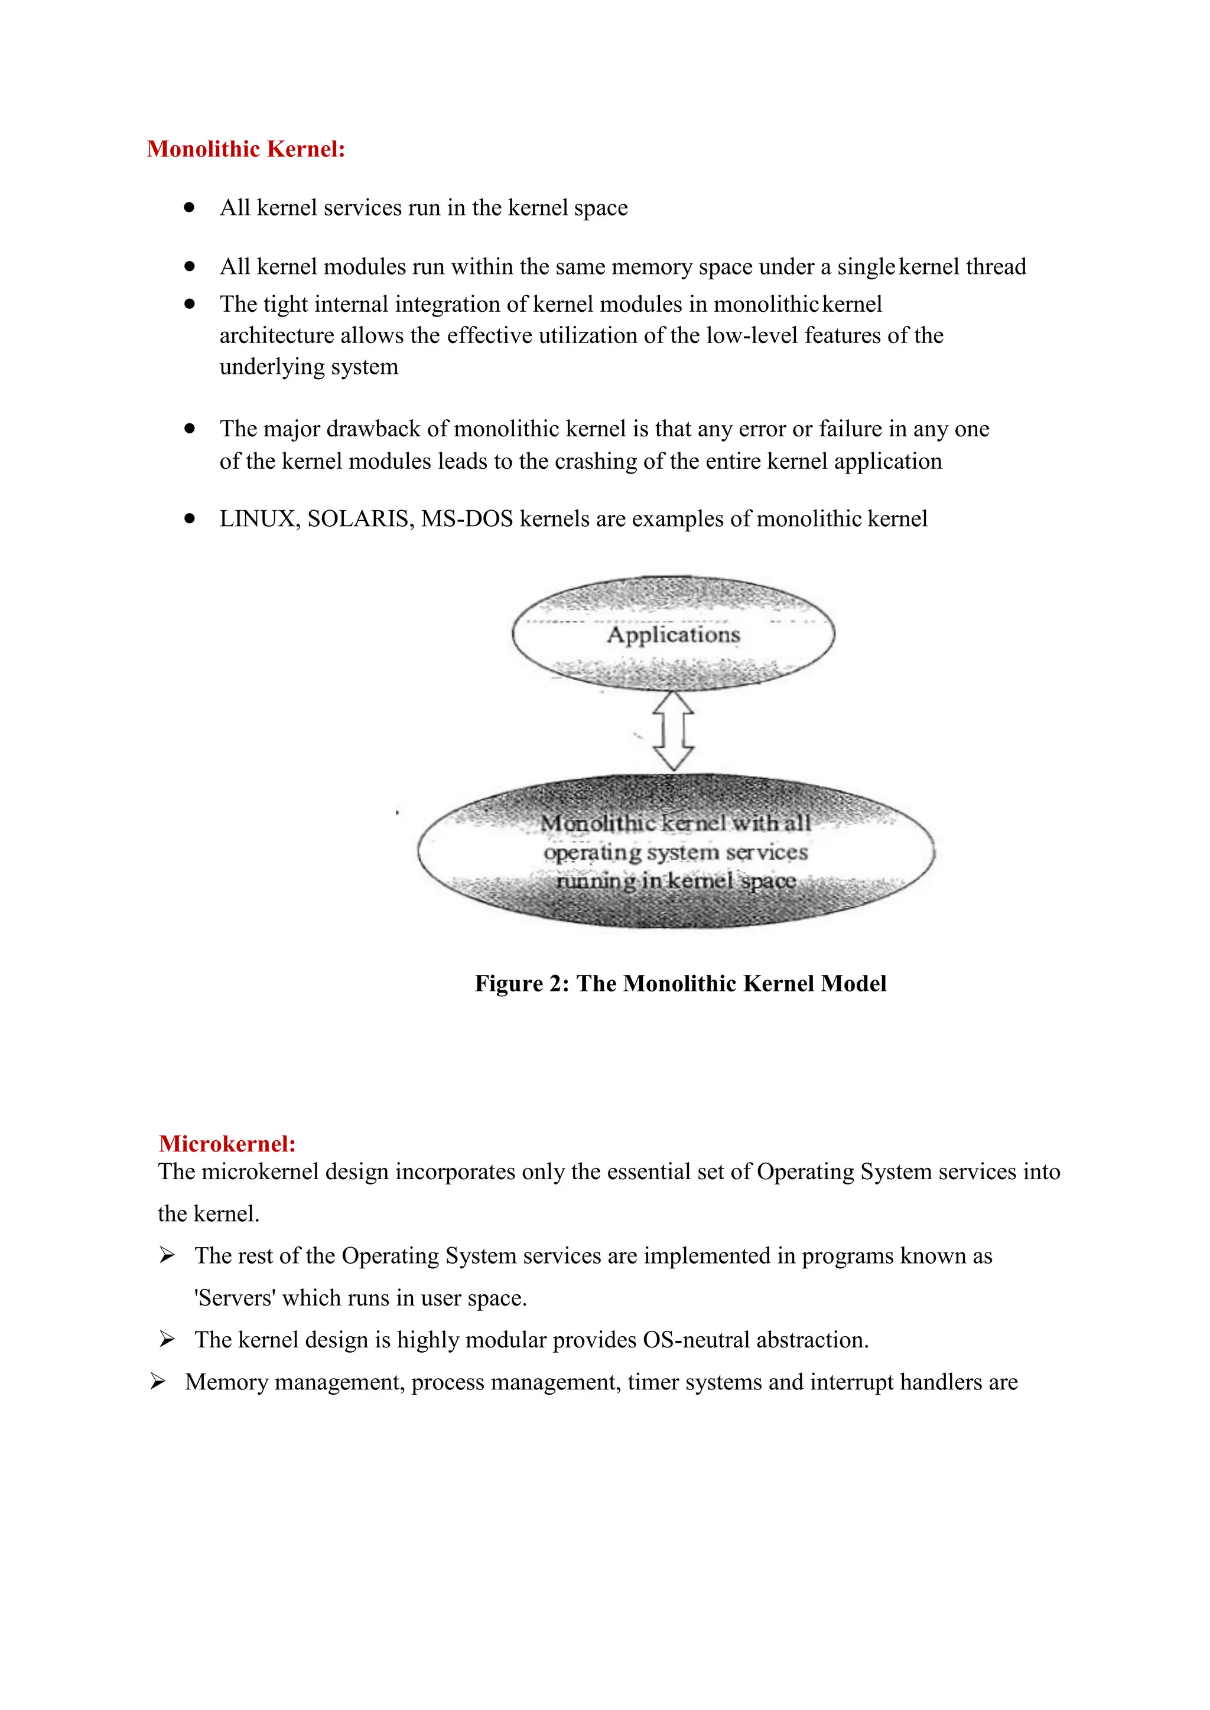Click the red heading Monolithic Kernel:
click(x=246, y=149)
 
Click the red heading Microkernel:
click(x=227, y=1144)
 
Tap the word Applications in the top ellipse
click(x=673, y=635)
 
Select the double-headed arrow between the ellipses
click(x=674, y=730)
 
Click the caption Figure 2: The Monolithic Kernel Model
click(x=680, y=983)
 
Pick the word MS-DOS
click(x=467, y=519)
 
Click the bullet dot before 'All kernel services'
click(x=190, y=208)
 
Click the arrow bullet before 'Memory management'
click(x=157, y=1382)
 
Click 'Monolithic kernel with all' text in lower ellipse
click(x=675, y=823)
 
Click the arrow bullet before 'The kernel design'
click(x=167, y=1340)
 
